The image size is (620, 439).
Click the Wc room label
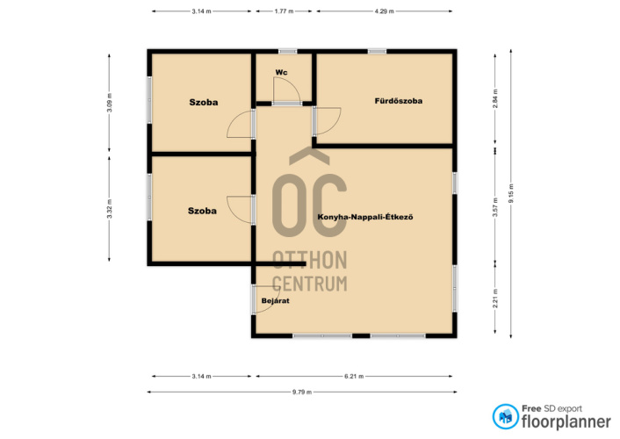[x=281, y=72]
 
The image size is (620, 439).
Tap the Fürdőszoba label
[x=398, y=101]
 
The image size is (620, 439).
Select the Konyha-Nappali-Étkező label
[x=365, y=217]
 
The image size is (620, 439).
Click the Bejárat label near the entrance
[x=275, y=300]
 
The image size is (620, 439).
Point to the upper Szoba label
[x=203, y=103]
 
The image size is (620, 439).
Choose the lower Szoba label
[x=202, y=211]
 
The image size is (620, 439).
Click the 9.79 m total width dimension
[x=302, y=392]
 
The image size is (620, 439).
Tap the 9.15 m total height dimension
[x=511, y=193]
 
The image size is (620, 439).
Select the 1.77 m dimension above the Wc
[x=284, y=11]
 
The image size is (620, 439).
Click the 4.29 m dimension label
[x=385, y=11]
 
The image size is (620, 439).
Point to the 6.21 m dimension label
[x=354, y=376]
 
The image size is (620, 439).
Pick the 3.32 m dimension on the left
[x=110, y=208]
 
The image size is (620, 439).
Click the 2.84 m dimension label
[x=495, y=99]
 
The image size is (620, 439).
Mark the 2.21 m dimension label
[x=495, y=299]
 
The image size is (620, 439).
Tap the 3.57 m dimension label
[x=495, y=207]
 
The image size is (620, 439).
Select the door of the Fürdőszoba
[x=328, y=120]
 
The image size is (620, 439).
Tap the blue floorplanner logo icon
[x=505, y=416]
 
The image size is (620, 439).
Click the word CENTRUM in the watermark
[x=310, y=284]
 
